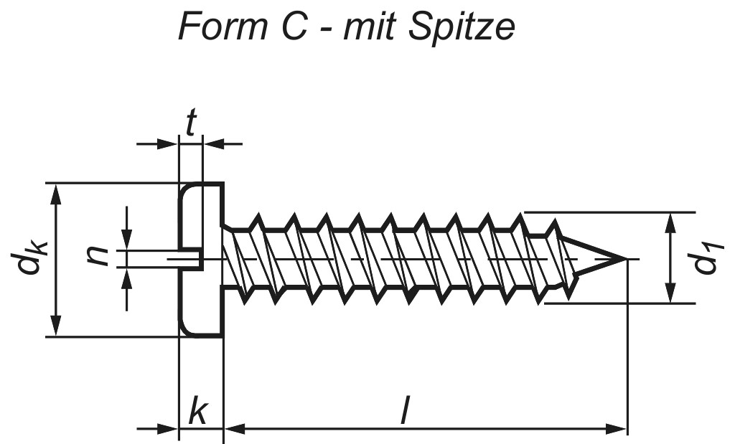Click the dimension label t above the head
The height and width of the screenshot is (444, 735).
pyautogui.click(x=190, y=124)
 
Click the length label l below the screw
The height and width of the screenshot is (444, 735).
pyautogui.click(x=405, y=412)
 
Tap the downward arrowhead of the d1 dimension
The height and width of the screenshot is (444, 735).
pyautogui.click(x=670, y=295)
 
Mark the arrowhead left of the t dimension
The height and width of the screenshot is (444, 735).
pyautogui.click(x=169, y=145)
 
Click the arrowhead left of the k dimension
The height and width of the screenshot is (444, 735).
pyautogui.click(x=169, y=430)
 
